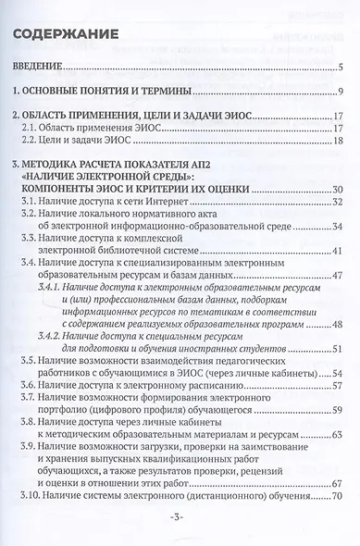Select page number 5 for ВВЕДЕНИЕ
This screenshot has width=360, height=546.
341,68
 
